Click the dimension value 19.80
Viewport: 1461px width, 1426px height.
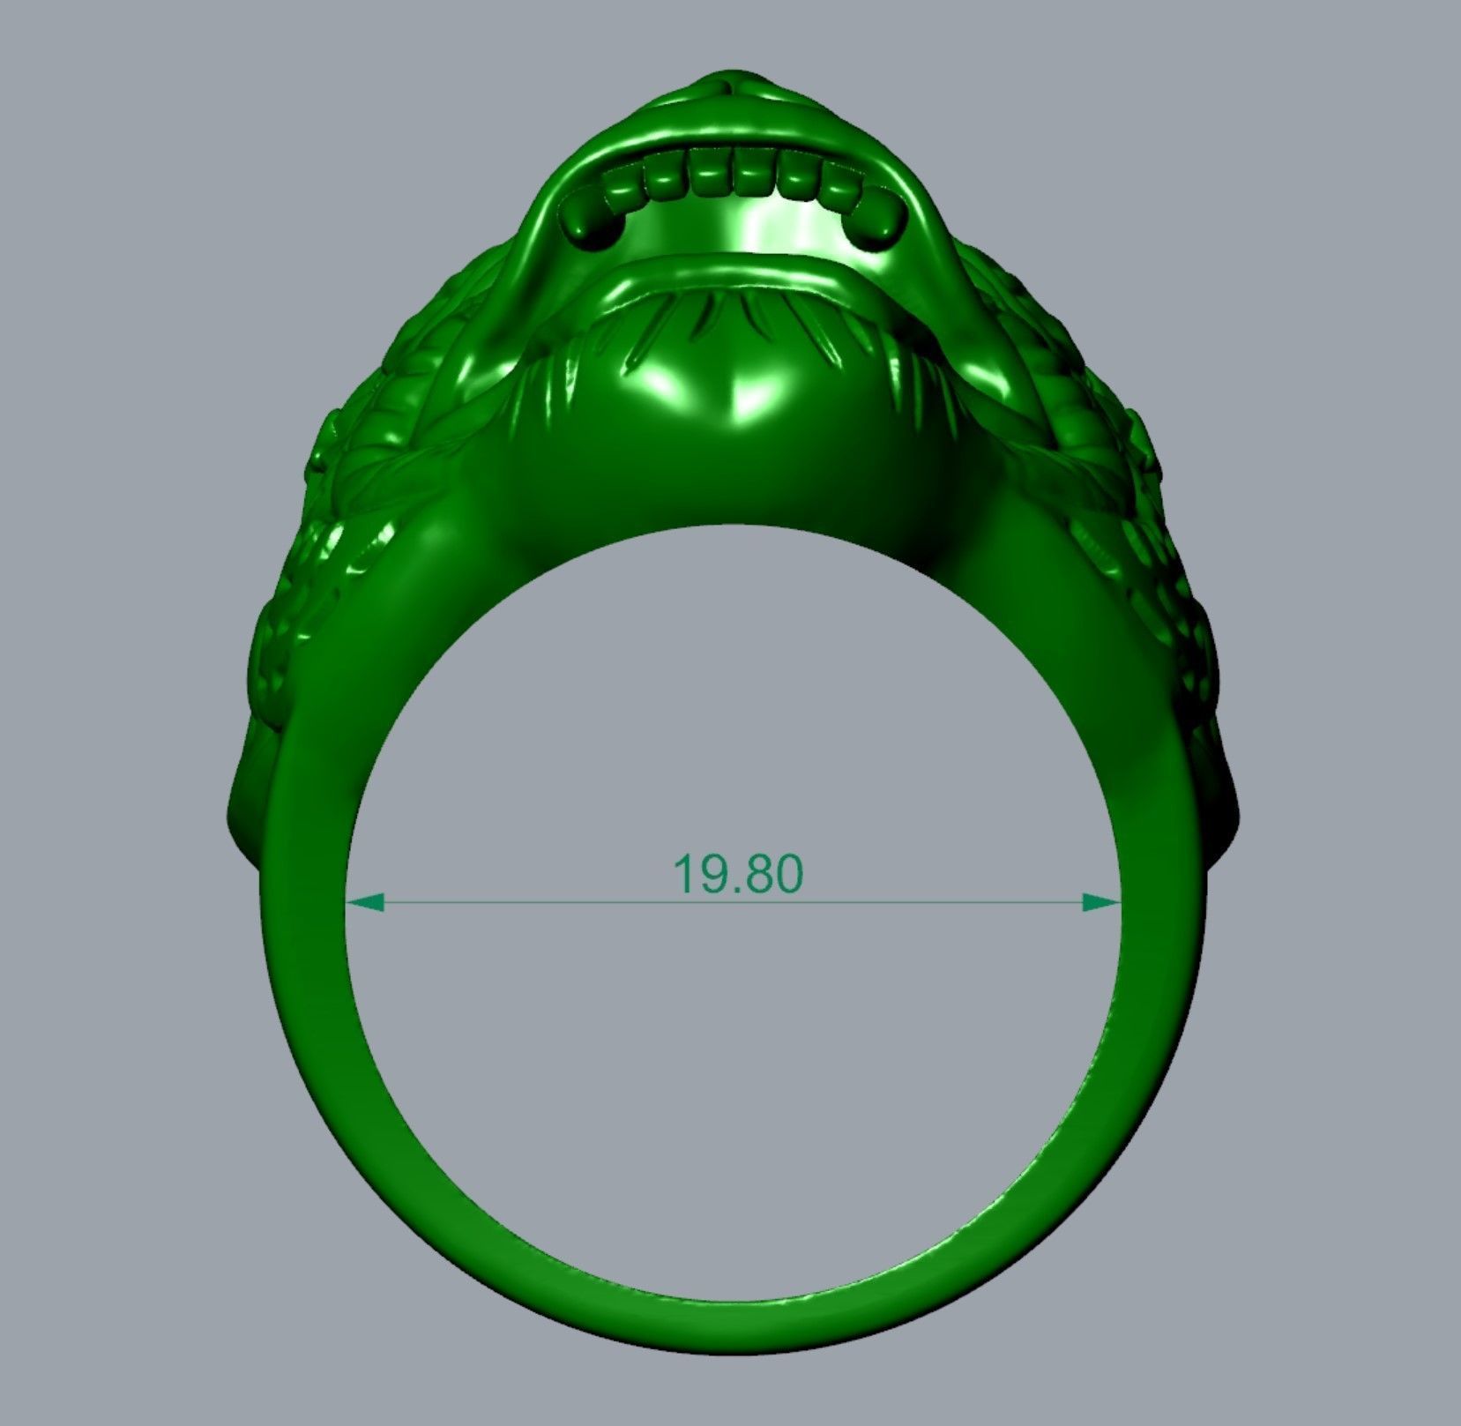coord(738,874)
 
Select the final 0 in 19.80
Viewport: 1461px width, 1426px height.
coord(786,874)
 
